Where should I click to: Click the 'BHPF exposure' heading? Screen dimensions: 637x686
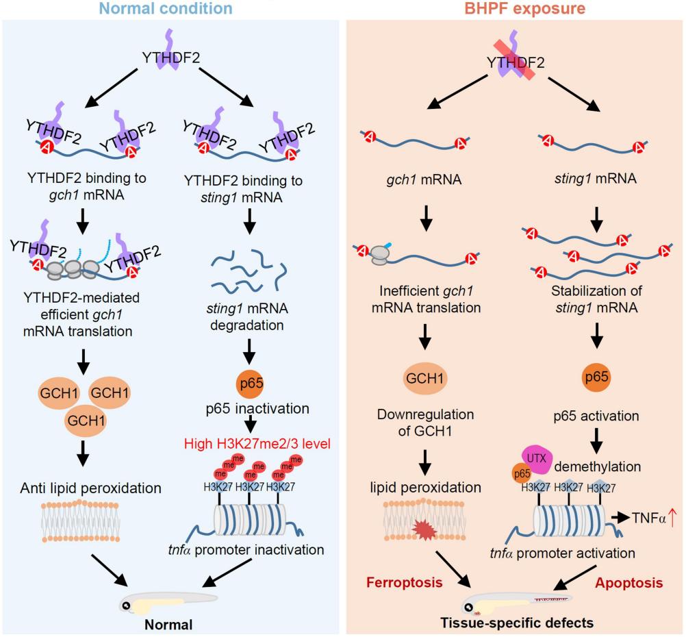point(515,9)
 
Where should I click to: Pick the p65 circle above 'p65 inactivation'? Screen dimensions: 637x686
point(250,382)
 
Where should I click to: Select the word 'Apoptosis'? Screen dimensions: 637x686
point(629,583)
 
